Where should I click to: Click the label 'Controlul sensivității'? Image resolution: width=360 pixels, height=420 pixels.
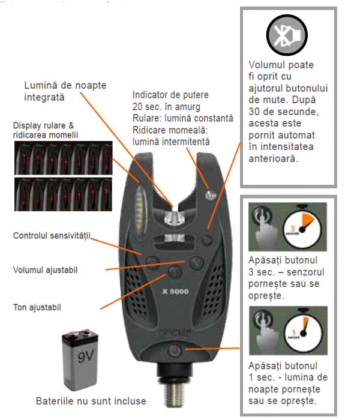50,236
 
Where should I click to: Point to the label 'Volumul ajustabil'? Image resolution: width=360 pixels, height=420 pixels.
46,270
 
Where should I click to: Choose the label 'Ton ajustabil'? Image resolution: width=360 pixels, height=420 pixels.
37,307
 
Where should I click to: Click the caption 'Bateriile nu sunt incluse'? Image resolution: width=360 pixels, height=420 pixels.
91,400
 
